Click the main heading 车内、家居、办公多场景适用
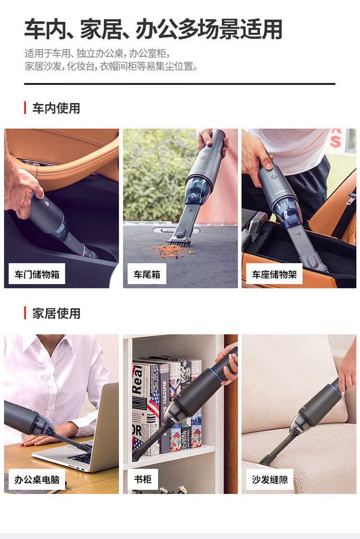pos(153,29)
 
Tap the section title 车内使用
pos(56,108)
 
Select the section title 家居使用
pos(56,313)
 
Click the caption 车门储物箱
pos(37,274)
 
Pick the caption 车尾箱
pos(147,274)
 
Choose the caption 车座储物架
pos(274,274)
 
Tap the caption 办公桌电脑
pos(37,479)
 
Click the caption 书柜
pos(143,479)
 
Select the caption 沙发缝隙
pos(270,479)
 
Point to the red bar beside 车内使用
pos(25,108)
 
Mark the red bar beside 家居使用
pos(25,313)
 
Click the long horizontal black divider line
pos(180,84)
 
